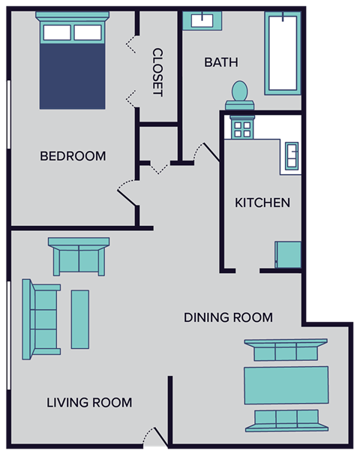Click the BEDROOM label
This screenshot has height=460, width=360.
(x=73, y=156)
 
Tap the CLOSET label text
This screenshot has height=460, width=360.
(x=157, y=72)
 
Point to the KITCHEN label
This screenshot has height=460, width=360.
(x=262, y=203)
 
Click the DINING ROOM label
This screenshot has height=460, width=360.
(x=228, y=317)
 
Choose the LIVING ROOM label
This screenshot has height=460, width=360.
(x=89, y=403)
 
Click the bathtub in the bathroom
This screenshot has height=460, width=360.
(x=282, y=53)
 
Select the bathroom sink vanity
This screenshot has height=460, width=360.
(x=202, y=20)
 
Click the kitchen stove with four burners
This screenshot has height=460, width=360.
(x=242, y=128)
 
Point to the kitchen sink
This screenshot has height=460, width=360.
(x=290, y=155)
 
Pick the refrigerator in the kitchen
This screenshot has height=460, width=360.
(x=288, y=254)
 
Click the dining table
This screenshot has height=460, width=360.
(x=286, y=385)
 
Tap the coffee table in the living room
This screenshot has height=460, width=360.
(x=80, y=319)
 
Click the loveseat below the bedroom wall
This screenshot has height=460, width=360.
(x=79, y=257)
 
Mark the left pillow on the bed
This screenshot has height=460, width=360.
(x=57, y=32)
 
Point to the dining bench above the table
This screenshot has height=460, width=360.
(x=285, y=350)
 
